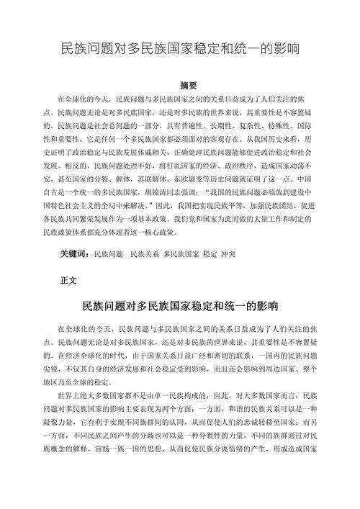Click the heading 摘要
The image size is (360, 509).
(180, 85)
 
